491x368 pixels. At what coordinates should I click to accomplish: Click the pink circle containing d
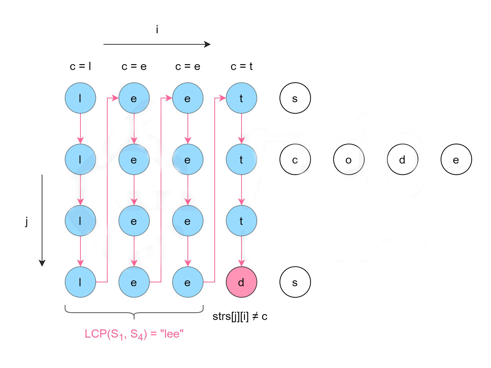tap(241, 282)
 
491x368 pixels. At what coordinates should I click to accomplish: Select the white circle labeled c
tap(295, 159)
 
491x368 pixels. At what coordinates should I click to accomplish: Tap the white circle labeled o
tap(349, 159)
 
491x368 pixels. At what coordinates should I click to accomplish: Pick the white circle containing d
tap(403, 159)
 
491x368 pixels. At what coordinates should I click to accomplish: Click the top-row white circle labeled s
tap(295, 98)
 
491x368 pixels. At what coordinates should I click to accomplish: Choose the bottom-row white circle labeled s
tap(295, 282)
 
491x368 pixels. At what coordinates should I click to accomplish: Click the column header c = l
tap(80, 66)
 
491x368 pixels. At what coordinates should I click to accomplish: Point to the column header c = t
tap(241, 66)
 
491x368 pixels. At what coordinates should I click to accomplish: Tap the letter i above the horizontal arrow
tap(157, 29)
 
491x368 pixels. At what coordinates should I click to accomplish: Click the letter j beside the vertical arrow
tap(27, 222)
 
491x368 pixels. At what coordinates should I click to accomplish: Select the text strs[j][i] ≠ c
tap(240, 316)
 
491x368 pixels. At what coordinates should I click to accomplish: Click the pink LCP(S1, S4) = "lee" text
tap(134, 334)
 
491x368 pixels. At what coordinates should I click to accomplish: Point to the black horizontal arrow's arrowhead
tap(208, 44)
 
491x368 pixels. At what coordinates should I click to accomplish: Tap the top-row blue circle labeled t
tap(241, 98)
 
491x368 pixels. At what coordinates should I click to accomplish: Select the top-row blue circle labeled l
tap(80, 98)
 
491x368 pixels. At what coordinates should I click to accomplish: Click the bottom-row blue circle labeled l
tap(80, 282)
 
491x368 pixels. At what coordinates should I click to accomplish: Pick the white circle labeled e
tap(456, 159)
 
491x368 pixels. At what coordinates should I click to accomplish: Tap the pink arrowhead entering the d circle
tap(241, 263)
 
